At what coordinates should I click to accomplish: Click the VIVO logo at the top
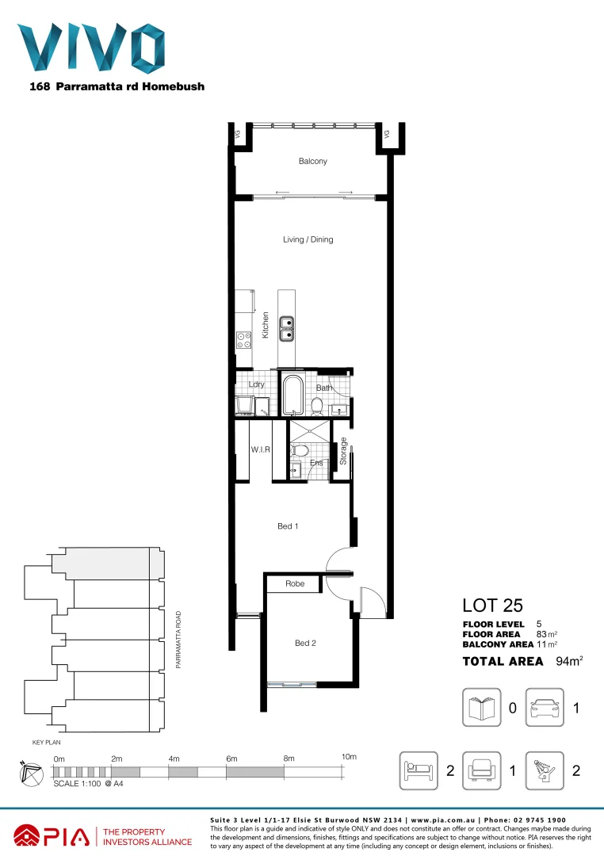coord(90,48)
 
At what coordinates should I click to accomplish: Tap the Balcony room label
coord(312,162)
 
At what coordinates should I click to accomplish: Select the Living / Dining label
coord(308,239)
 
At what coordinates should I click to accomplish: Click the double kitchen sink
coord(286,327)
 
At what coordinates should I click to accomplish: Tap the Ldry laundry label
coord(256,384)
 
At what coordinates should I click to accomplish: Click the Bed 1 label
coord(288,526)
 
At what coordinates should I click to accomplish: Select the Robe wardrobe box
coord(294,584)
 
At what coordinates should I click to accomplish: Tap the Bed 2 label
coord(305,643)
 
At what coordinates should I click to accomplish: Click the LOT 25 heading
coord(492,606)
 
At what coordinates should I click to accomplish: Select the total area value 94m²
coord(569,661)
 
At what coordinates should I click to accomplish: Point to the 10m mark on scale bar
coord(349,758)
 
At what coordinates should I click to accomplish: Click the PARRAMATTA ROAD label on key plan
coord(179,640)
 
